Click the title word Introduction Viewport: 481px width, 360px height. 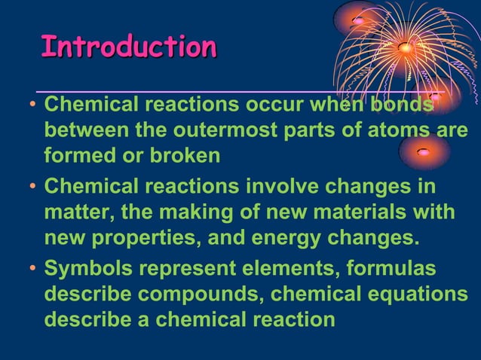coord(128,47)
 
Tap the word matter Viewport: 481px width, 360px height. coord(77,212)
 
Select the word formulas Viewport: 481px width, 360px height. coord(400,269)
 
